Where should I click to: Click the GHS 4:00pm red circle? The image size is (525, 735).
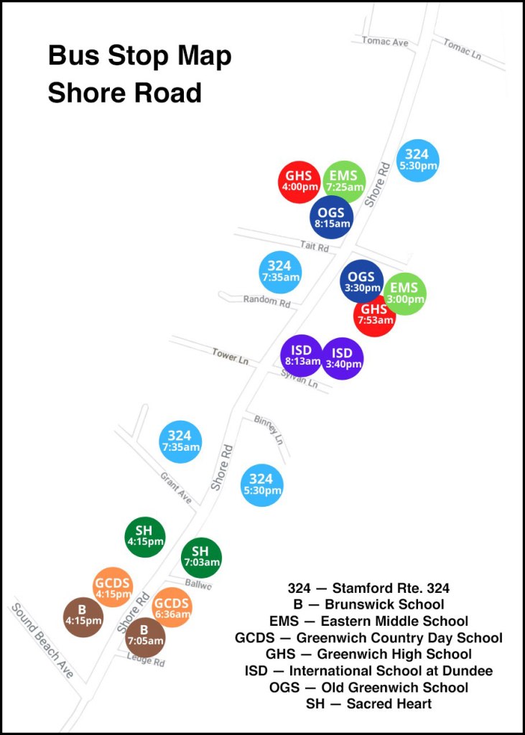point(299,182)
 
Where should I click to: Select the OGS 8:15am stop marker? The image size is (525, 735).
point(331,217)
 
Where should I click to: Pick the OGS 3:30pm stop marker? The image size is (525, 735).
point(362,281)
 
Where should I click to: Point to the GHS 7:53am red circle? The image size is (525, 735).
point(374,315)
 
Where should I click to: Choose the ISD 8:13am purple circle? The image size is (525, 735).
point(302,355)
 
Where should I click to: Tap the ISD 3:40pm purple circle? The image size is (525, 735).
point(343,358)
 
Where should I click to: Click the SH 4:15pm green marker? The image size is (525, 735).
point(145,536)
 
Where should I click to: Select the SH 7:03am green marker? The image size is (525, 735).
point(201,557)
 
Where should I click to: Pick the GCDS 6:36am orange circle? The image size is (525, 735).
point(172,607)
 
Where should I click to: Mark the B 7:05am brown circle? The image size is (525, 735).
point(146,637)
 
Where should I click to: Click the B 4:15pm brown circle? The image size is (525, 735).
point(83,617)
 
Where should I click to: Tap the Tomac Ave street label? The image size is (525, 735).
point(385,42)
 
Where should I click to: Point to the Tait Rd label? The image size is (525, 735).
point(315,246)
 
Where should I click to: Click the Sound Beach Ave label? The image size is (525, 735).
point(42,640)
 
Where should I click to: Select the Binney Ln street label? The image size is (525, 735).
point(269,429)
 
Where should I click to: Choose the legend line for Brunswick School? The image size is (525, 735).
point(368,604)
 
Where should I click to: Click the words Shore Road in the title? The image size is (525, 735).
point(124,93)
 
